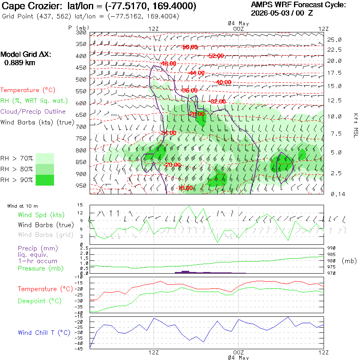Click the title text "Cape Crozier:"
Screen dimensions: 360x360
pyautogui.click(x=32, y=6)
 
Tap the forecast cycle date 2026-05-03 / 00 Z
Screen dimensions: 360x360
pyautogui.click(x=282, y=13)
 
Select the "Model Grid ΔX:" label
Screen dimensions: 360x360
pyautogui.click(x=26, y=54)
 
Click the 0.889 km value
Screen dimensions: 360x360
pyautogui.click(x=20, y=63)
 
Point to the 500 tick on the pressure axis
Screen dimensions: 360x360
pyautogui.click(x=81, y=80)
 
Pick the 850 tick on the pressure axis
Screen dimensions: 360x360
pyautogui.click(x=81, y=162)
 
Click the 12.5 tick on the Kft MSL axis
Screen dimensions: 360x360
pyautogui.click(x=334, y=100)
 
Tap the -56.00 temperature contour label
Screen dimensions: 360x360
pyautogui.click(x=190, y=47)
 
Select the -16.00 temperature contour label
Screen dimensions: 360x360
pyautogui.click(x=185, y=188)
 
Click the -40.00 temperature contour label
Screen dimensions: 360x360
pyautogui.click(x=224, y=82)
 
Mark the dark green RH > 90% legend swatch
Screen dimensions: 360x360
pyautogui.click(x=45, y=180)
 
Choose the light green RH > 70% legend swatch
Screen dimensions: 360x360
pyautogui.click(x=45, y=158)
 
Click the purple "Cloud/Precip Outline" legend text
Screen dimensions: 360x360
pyautogui.click(x=33, y=112)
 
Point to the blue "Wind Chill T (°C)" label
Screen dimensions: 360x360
pyautogui.click(x=44, y=333)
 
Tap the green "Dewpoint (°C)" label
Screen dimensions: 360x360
pyautogui.click(x=40, y=301)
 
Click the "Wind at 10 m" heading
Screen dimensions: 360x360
pyautogui.click(x=22, y=206)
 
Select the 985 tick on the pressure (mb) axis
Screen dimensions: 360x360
pyautogui.click(x=331, y=254)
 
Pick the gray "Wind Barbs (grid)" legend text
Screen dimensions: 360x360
pyautogui.click(x=46, y=235)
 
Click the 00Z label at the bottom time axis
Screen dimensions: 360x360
pyautogui.click(x=238, y=352)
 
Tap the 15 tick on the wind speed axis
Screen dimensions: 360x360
pyautogui.click(x=80, y=205)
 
